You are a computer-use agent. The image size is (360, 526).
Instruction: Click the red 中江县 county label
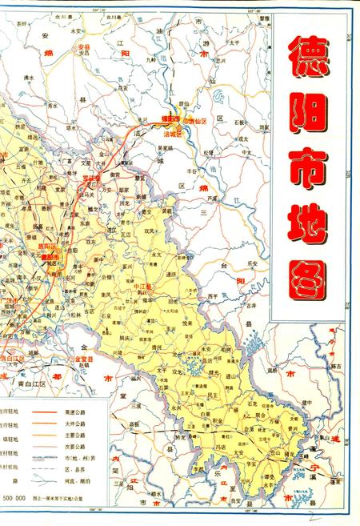pyautogui.click(x=144, y=286)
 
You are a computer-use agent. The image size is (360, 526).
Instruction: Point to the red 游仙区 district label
pyautogui.click(x=197, y=120)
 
